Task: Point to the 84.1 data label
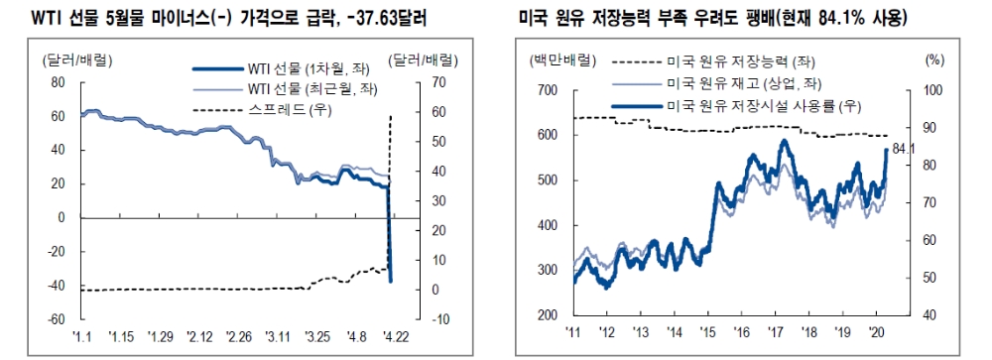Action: point(903,150)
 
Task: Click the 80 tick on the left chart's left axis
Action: point(57,81)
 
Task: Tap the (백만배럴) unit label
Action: point(553,59)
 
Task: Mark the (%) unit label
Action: point(933,59)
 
